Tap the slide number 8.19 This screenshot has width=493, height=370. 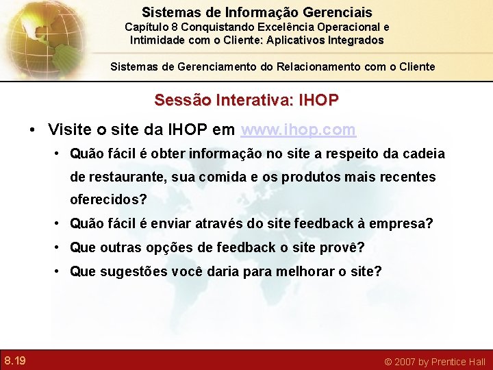[15, 360]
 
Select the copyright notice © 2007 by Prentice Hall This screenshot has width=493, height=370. [434, 361]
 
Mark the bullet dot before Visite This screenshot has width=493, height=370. [32, 130]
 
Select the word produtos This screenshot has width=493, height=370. [307, 177]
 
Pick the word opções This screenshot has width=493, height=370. [166, 247]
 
